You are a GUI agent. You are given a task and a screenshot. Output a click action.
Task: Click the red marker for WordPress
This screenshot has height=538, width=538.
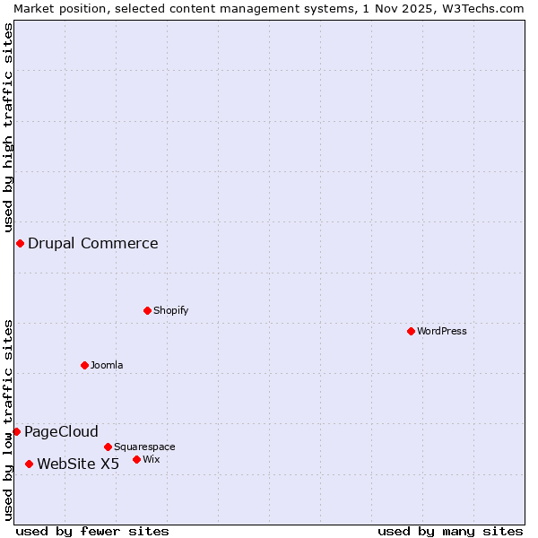(x=411, y=331)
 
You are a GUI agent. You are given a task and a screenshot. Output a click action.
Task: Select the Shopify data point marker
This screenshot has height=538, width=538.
(x=147, y=310)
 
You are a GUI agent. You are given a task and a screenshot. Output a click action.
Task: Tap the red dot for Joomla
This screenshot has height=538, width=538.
(x=84, y=365)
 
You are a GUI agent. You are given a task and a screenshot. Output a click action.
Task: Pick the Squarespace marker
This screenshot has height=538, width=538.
(x=108, y=447)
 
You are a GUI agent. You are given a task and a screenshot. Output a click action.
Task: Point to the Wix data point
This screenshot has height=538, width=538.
(x=136, y=459)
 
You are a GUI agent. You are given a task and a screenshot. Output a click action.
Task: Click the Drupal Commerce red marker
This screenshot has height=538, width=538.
(x=20, y=243)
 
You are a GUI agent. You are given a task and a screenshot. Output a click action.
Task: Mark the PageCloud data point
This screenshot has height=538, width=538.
(x=16, y=431)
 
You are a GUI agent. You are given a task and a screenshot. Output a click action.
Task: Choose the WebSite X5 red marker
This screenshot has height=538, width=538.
(x=29, y=464)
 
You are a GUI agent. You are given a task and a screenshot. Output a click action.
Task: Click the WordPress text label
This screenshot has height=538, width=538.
(x=442, y=331)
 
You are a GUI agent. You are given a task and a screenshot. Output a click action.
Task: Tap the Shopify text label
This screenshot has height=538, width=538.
(x=170, y=310)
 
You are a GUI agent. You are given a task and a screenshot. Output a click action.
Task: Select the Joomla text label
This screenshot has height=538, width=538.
(x=107, y=365)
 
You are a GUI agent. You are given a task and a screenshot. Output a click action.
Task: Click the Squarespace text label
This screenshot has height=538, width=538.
(x=144, y=447)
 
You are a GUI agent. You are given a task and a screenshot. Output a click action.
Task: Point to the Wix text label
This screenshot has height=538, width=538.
(x=151, y=459)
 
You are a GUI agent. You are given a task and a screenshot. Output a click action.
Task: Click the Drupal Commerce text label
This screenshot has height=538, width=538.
(x=93, y=243)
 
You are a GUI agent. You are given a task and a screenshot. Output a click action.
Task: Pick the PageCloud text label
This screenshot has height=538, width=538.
(x=61, y=431)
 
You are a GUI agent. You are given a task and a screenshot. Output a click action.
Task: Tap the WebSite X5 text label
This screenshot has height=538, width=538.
(x=78, y=464)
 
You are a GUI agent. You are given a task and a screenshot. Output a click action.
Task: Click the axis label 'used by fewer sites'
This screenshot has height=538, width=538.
(x=92, y=531)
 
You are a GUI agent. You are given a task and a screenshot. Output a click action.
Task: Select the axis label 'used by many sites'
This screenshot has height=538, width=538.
(x=450, y=531)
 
